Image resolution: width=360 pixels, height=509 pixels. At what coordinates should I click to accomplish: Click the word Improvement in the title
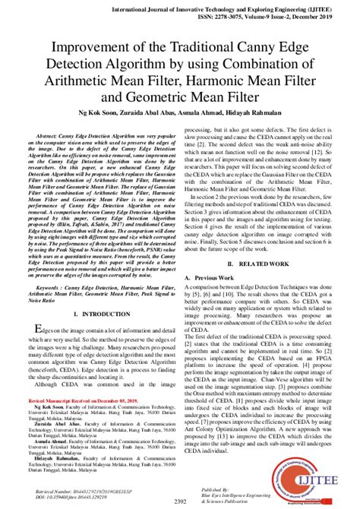89,47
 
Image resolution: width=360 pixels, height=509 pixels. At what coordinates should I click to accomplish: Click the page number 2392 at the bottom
179,501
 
